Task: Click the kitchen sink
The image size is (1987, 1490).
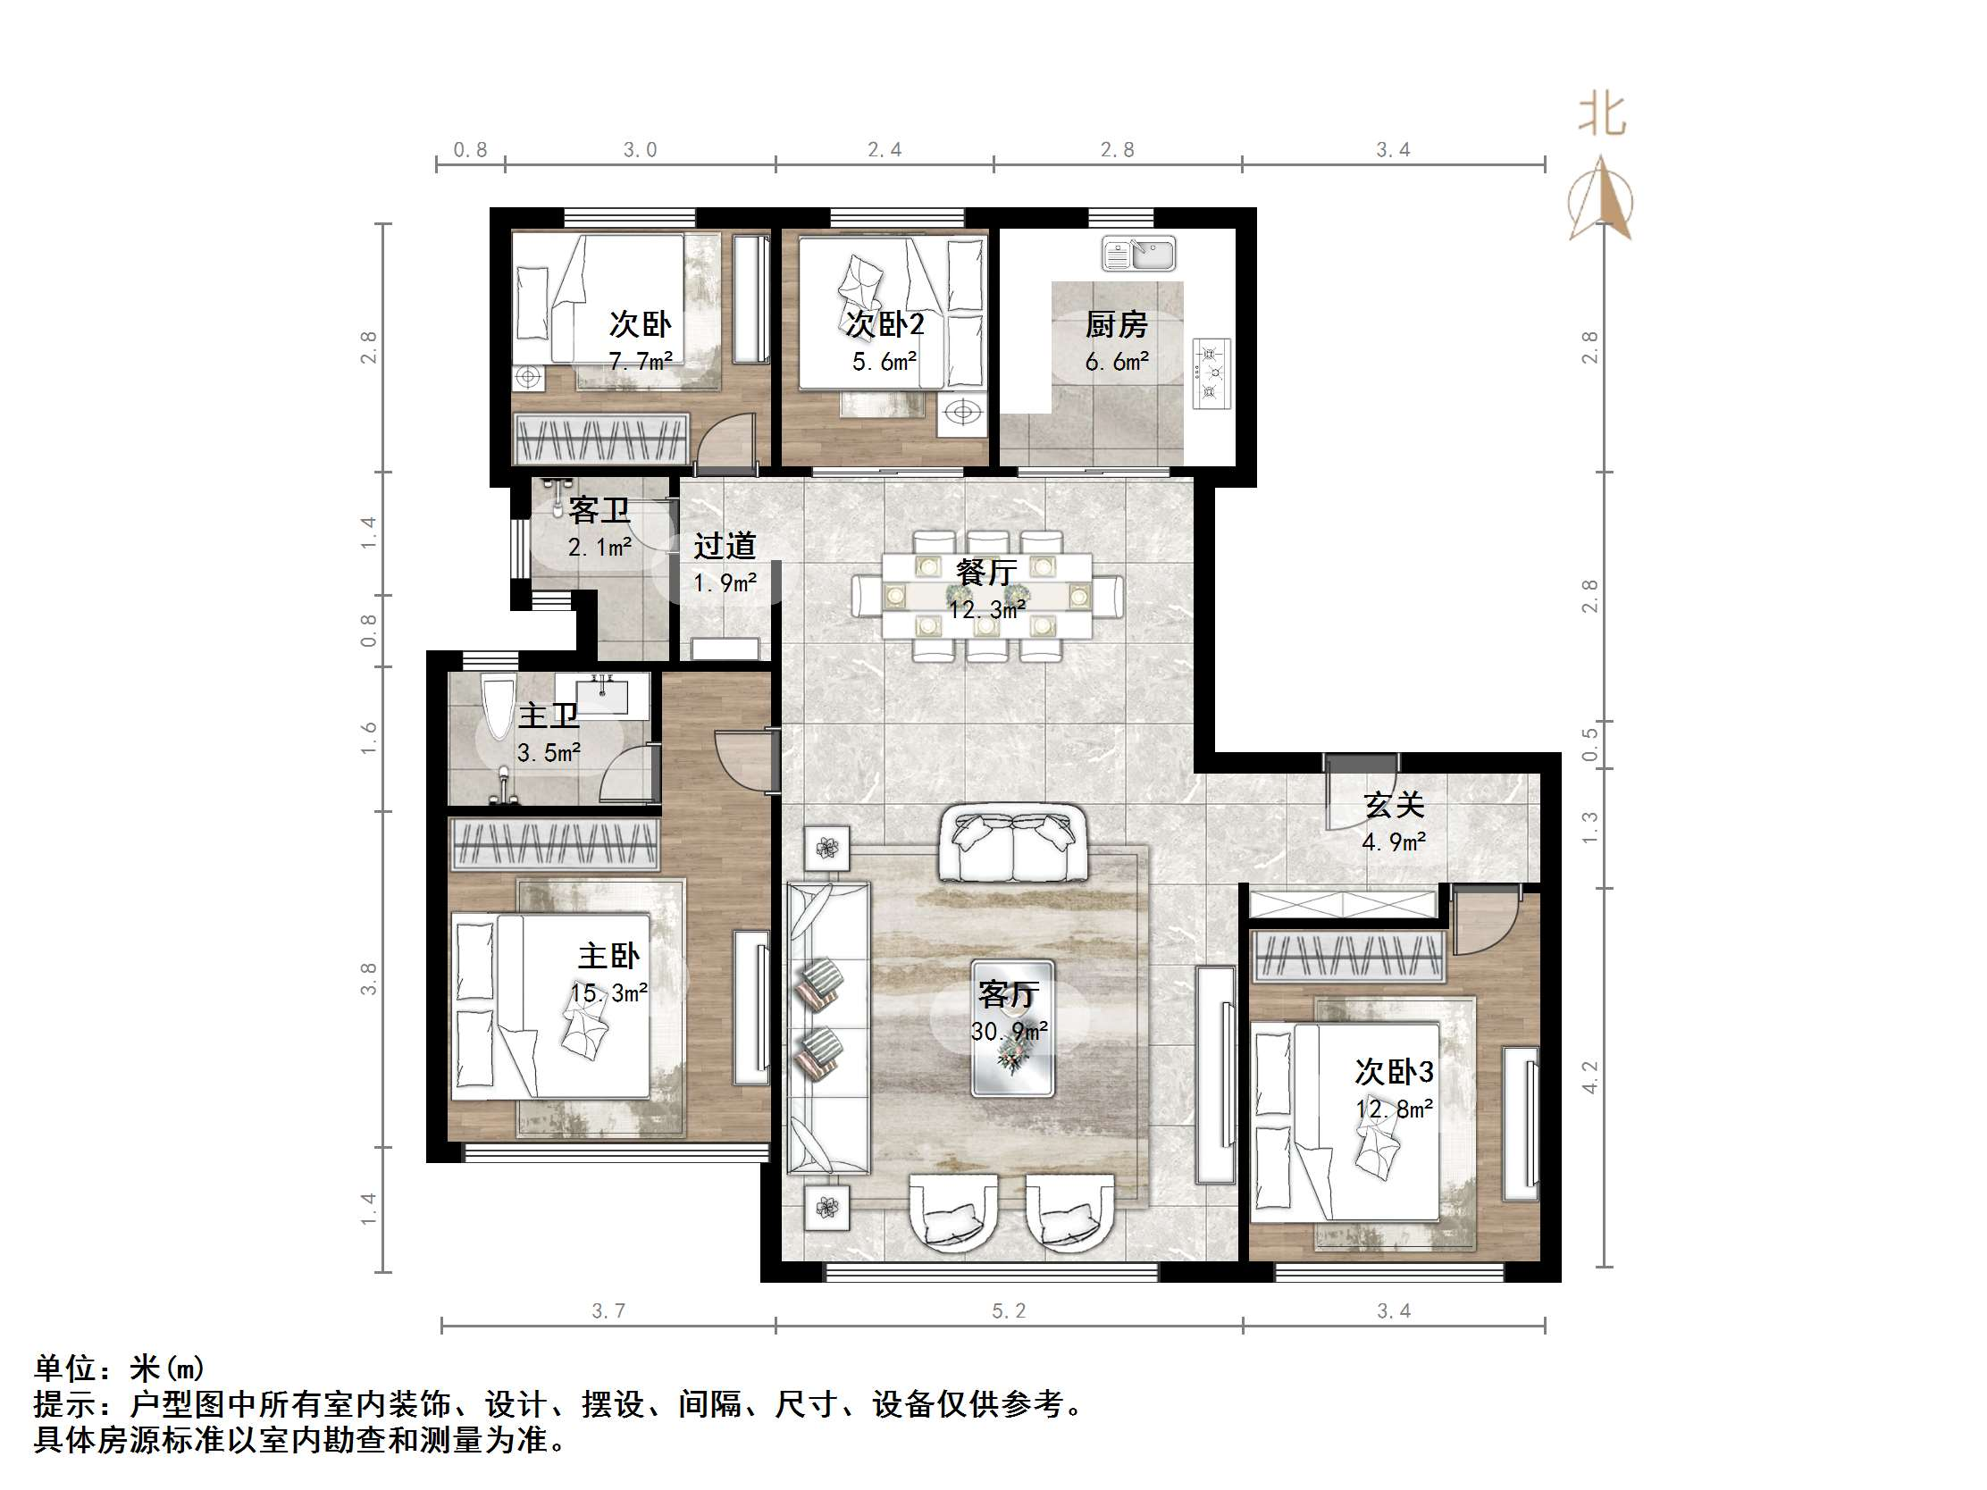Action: (x=1138, y=254)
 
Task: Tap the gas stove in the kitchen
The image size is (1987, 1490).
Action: (x=1211, y=372)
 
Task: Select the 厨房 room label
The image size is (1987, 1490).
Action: (x=1116, y=324)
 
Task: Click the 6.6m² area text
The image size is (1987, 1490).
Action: (x=1116, y=362)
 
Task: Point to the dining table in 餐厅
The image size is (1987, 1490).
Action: (x=986, y=595)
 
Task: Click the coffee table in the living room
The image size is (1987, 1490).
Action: (x=1011, y=1027)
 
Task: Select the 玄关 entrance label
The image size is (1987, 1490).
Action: (x=1393, y=805)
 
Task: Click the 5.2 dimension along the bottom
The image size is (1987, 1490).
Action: (x=1008, y=1310)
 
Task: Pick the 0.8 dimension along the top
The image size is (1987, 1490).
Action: (x=470, y=150)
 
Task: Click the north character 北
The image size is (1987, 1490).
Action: (x=1602, y=116)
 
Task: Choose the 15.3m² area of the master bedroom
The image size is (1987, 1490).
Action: (x=609, y=993)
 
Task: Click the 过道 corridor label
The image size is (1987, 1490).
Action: (x=724, y=545)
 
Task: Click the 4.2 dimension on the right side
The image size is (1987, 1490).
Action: (x=1589, y=1077)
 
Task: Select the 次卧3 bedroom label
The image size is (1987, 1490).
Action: (x=1393, y=1071)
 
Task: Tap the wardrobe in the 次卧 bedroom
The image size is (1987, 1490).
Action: (x=600, y=439)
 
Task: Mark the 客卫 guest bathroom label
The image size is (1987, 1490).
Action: (x=599, y=510)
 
